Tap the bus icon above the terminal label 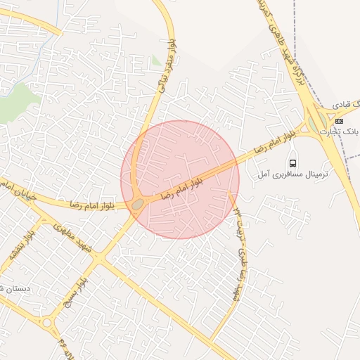click(292, 163)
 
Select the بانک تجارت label click(339, 131)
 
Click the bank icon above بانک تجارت click(339, 120)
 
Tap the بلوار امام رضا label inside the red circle click(182, 188)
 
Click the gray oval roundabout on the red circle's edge click(137, 204)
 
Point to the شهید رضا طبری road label click(239, 253)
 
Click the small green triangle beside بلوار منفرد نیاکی click(156, 61)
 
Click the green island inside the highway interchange click(313, 124)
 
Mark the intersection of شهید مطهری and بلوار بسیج click(98, 259)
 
